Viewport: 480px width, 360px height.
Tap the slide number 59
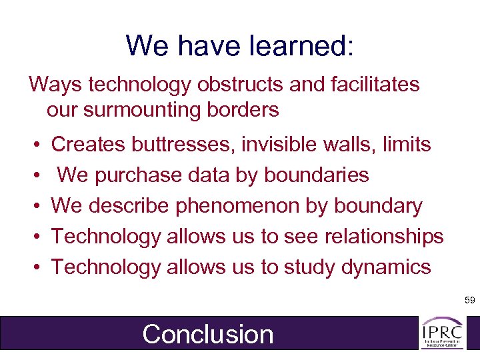pyautogui.click(x=469, y=301)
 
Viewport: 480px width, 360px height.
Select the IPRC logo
pyautogui.click(x=442, y=333)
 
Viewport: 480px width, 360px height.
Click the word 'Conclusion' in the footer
pyautogui.click(x=208, y=334)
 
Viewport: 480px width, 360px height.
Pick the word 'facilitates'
pyautogui.click(x=370, y=85)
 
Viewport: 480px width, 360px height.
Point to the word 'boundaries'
pyautogui.click(x=317, y=175)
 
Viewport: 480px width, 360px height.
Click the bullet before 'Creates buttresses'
pyautogui.click(x=34, y=145)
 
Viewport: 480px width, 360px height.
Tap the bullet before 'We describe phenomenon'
pyautogui.click(x=34, y=207)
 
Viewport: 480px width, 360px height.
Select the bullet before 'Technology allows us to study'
pyautogui.click(x=34, y=268)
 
